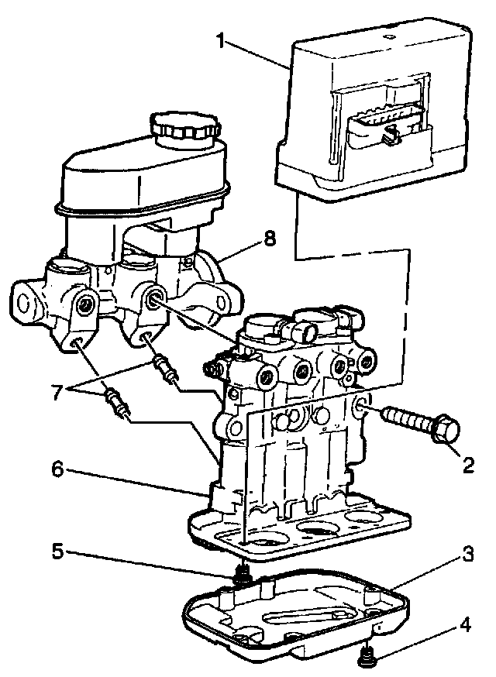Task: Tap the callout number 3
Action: [467, 555]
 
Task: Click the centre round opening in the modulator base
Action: [319, 530]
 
